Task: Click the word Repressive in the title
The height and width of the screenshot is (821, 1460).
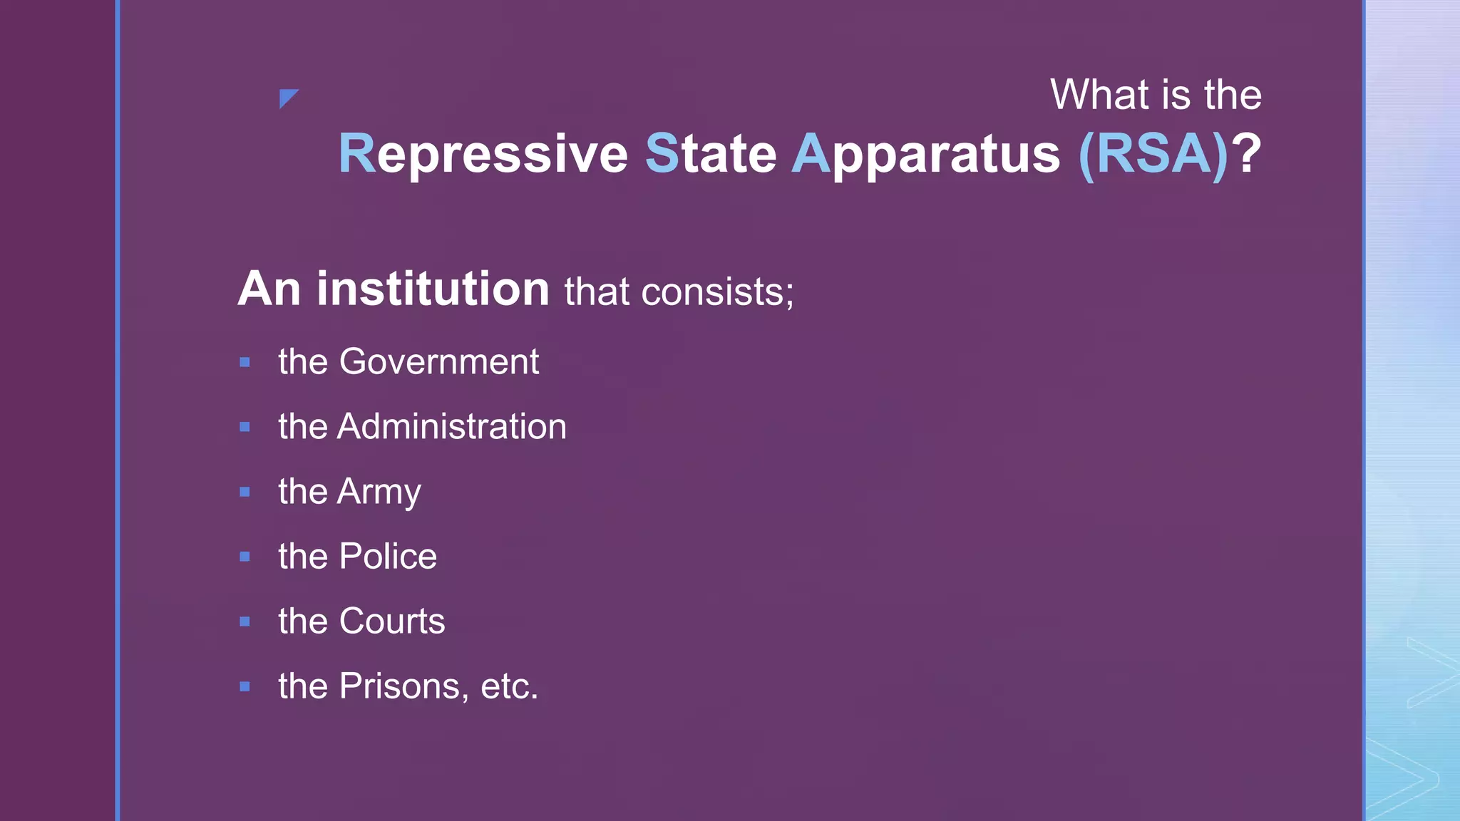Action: [483, 154]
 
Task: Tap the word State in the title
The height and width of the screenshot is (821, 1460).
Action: [711, 154]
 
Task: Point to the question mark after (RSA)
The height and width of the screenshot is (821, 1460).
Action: [1248, 154]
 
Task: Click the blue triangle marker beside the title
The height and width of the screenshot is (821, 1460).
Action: [287, 98]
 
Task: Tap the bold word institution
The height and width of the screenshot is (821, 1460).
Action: [433, 289]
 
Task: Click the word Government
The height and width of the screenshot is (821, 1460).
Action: [439, 361]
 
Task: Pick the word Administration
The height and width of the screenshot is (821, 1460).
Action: [452, 426]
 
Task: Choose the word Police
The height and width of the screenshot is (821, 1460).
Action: [388, 556]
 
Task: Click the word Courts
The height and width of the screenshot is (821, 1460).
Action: [392, 621]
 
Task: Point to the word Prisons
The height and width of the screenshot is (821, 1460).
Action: [403, 686]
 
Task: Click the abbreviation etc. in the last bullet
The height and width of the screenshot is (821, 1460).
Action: [510, 686]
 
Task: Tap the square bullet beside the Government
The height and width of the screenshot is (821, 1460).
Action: [245, 362]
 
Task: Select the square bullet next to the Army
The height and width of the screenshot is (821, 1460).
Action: [245, 492]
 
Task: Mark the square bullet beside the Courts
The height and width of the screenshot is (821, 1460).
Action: [245, 621]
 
